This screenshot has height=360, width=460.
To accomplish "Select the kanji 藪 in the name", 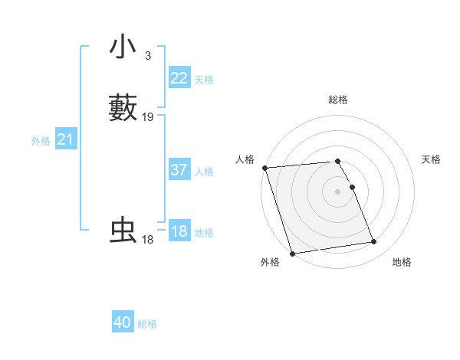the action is click(x=123, y=108).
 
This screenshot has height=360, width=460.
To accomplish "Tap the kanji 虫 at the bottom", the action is click(x=123, y=231).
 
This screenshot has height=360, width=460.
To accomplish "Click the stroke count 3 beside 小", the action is click(x=147, y=55).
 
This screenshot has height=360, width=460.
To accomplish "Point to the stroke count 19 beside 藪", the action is click(x=148, y=117).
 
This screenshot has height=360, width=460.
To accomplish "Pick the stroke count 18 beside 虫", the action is click(x=147, y=240).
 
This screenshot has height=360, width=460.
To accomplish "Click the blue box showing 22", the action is click(x=179, y=78).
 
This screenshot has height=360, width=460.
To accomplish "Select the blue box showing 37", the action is click(x=179, y=170).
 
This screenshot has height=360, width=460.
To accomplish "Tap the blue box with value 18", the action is click(x=179, y=231).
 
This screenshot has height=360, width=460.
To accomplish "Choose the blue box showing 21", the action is click(x=65, y=139).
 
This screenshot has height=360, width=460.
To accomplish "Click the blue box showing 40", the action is click(x=123, y=322).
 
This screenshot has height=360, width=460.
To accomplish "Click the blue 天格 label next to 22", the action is click(x=204, y=80).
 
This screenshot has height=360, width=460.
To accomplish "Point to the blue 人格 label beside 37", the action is click(x=204, y=172).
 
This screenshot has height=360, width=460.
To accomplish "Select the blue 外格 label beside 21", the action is click(x=40, y=141).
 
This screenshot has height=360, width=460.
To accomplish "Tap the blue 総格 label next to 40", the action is click(x=147, y=324).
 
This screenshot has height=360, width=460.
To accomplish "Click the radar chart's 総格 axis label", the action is click(x=338, y=100).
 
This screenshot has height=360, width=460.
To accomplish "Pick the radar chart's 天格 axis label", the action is click(x=431, y=159).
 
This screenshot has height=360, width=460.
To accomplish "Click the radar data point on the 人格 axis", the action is click(x=264, y=168).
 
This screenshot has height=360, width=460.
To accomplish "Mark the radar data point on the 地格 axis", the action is click(x=373, y=242).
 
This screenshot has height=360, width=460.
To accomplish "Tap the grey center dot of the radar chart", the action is click(x=338, y=191).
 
